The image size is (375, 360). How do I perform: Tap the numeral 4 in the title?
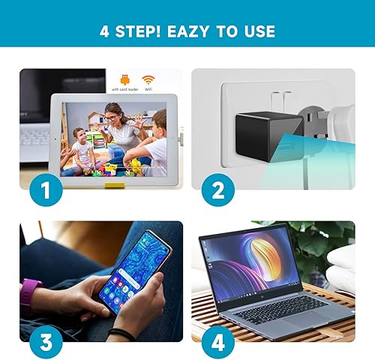(x=105, y=31)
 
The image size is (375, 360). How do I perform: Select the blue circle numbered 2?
(x=217, y=190)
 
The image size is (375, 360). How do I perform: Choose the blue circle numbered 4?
(x=217, y=342)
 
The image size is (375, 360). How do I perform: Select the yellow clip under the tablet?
(x=115, y=179)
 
